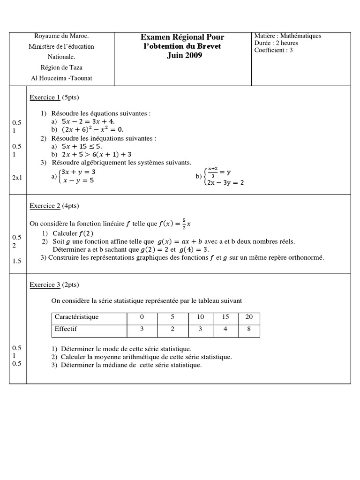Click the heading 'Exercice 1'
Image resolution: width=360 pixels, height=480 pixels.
pyautogui.click(x=45, y=97)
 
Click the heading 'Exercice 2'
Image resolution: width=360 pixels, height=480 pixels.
pyautogui.click(x=45, y=206)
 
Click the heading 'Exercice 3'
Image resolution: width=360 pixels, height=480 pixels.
pyautogui.click(x=45, y=285)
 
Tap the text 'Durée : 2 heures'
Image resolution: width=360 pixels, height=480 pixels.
pyautogui.click(x=276, y=43)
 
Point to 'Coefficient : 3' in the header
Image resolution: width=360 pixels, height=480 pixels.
pyautogui.click(x=273, y=50)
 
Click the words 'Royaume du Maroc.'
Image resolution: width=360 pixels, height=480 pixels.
pyautogui.click(x=61, y=36)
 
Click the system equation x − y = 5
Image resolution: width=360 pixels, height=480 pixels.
pyautogui.click(x=78, y=180)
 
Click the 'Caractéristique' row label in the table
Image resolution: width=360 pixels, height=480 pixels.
pyautogui.click(x=76, y=317)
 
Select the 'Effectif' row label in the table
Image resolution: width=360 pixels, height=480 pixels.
pyautogui.click(x=66, y=329)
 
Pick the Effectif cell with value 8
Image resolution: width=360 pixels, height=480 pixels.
pyautogui.click(x=249, y=329)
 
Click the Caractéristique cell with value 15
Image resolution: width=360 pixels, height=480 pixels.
pyautogui.click(x=225, y=317)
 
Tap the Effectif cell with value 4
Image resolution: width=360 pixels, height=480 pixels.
pyautogui.click(x=225, y=329)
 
